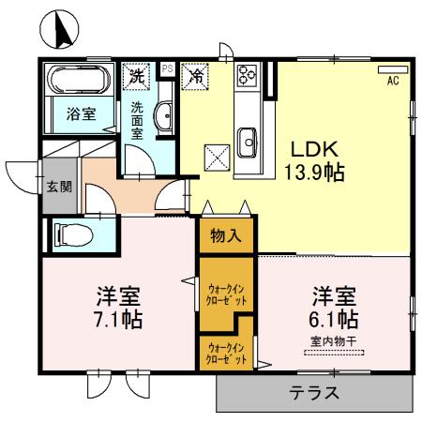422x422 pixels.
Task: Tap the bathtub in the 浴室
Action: click(x=79, y=77)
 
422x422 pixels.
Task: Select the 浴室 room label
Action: click(x=79, y=114)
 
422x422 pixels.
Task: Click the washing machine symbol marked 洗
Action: click(x=137, y=73)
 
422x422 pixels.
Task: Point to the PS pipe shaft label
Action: click(x=168, y=68)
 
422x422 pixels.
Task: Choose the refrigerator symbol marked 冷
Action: click(x=196, y=73)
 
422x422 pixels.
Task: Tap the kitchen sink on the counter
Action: click(x=249, y=143)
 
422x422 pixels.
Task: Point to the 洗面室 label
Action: click(x=138, y=119)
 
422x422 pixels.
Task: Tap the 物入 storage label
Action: click(x=226, y=235)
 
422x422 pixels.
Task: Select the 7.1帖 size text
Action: click(x=118, y=319)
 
